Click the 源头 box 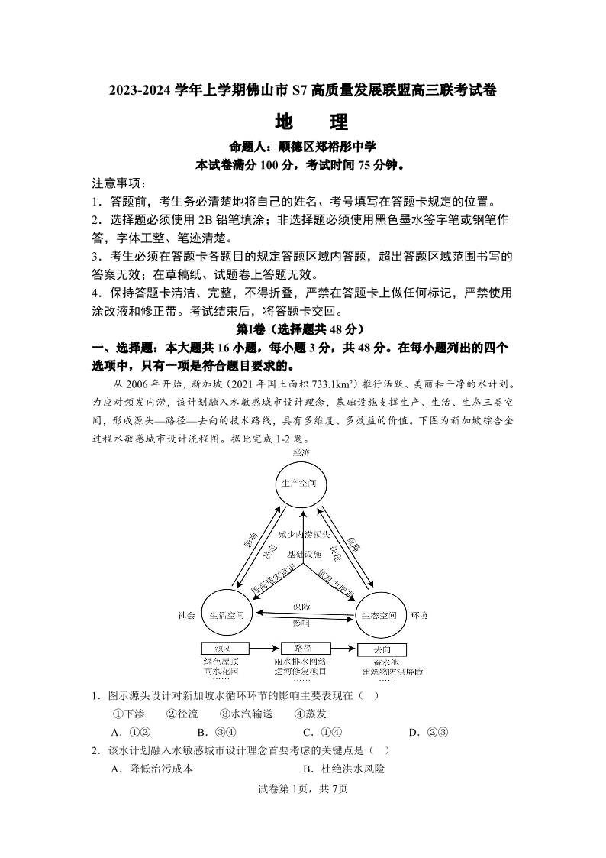tap(224, 649)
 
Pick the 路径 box tap(302, 648)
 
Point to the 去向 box tap(383, 649)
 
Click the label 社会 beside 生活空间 tap(185, 615)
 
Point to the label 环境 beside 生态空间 tap(420, 615)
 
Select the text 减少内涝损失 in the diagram tap(303, 534)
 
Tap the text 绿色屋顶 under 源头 tap(221, 661)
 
